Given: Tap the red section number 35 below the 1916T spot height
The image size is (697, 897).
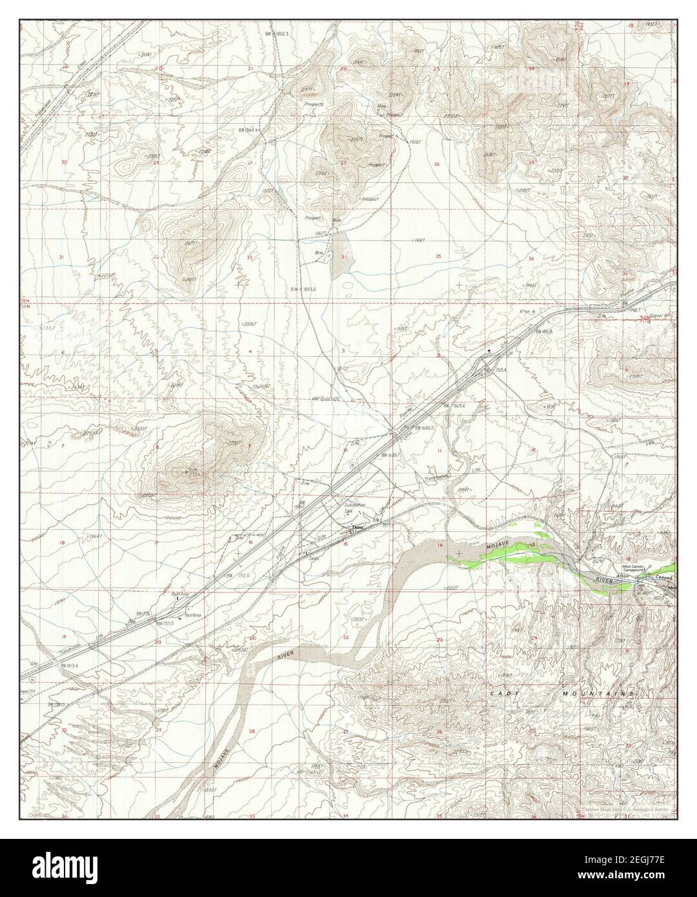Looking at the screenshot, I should point(438,257).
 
